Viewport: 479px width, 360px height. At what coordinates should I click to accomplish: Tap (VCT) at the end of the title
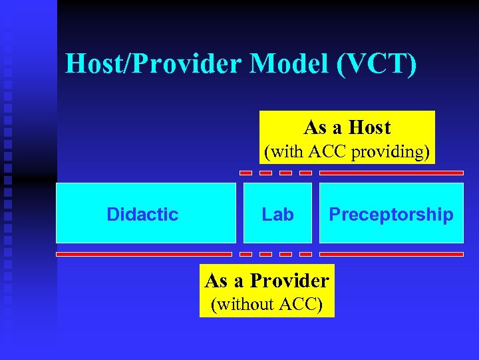377,64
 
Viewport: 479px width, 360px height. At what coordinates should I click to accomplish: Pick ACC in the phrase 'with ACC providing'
329,152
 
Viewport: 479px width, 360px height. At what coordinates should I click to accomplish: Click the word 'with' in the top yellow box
286,152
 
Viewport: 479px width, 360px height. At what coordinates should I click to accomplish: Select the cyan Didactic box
145,213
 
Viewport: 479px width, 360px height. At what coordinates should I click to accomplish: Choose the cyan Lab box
277,213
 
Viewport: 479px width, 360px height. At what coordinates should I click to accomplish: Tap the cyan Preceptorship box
391,213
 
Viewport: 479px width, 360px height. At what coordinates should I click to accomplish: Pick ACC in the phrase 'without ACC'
300,305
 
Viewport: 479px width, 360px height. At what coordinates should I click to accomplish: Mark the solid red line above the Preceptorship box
391,173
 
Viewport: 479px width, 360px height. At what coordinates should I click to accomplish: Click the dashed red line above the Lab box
275,173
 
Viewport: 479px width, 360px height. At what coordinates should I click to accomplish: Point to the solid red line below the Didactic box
144,254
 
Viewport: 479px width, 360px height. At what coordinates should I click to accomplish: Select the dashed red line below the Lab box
275,254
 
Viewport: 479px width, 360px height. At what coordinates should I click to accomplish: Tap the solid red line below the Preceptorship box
391,254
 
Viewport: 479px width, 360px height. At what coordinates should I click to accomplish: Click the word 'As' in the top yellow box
315,127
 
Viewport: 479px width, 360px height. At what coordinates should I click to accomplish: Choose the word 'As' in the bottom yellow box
216,280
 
